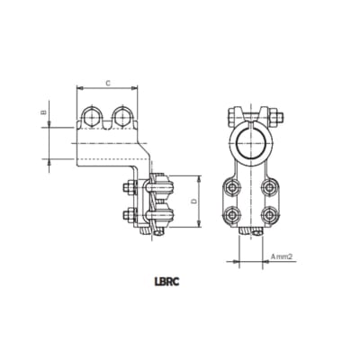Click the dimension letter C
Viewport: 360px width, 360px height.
point(108,82)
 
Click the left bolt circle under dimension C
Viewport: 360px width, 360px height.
point(92,117)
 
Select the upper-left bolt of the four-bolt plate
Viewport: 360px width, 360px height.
point(232,187)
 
